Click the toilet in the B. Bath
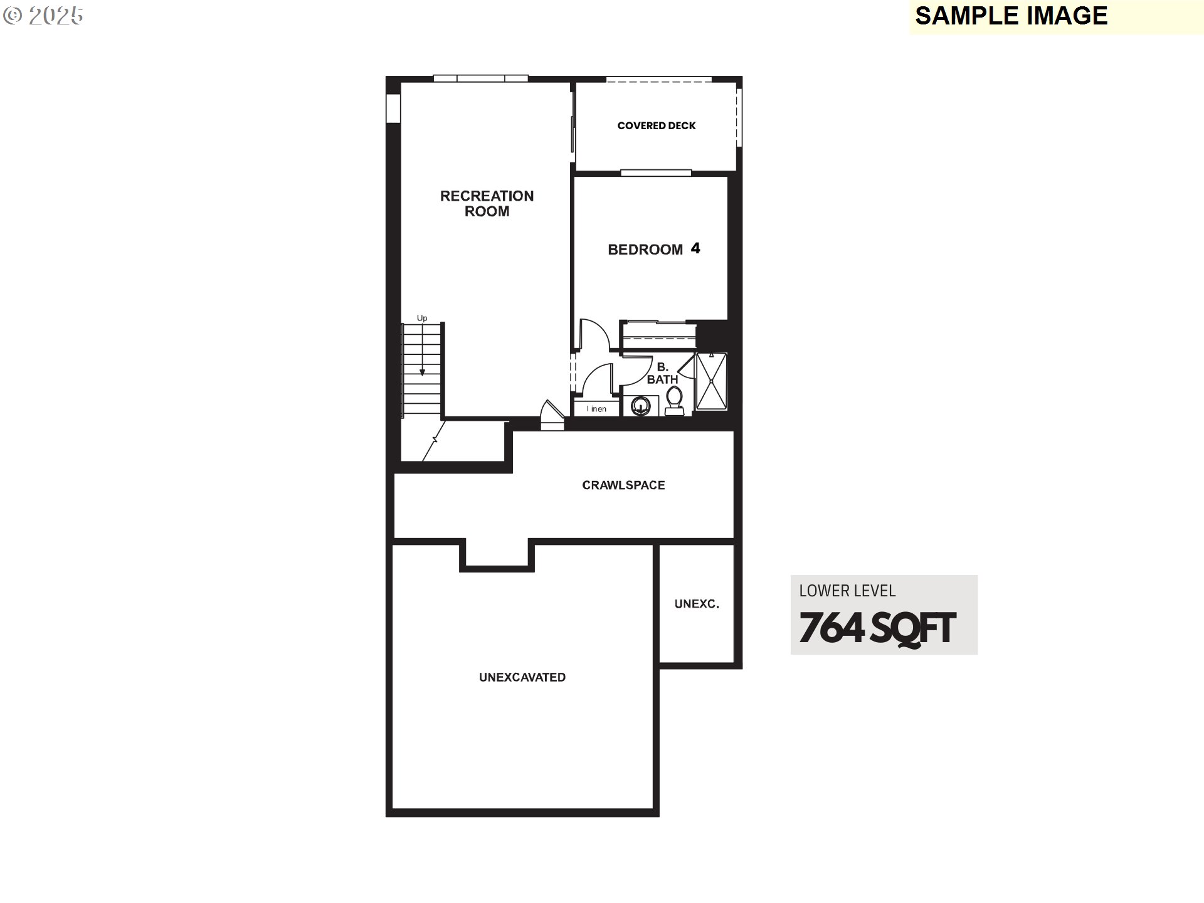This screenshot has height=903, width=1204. click(674, 401)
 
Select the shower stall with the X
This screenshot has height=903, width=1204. click(711, 381)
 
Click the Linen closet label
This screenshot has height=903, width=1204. click(596, 409)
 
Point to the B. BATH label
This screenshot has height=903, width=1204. click(662, 373)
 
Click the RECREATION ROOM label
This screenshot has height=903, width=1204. click(487, 204)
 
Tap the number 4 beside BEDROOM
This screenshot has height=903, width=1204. click(695, 248)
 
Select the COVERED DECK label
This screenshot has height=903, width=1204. click(657, 125)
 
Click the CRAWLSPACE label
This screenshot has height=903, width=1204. click(623, 485)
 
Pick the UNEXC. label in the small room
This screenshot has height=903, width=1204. click(697, 604)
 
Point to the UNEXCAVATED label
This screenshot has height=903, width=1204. click(522, 677)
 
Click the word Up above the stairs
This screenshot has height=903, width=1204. click(422, 319)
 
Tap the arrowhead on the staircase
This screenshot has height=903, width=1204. click(422, 372)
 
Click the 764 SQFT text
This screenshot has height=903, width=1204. click(877, 628)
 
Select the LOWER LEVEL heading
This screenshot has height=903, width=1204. click(847, 591)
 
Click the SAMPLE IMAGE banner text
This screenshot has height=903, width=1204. click(1011, 16)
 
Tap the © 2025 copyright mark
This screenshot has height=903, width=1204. click(43, 16)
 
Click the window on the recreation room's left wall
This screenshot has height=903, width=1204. click(393, 108)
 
